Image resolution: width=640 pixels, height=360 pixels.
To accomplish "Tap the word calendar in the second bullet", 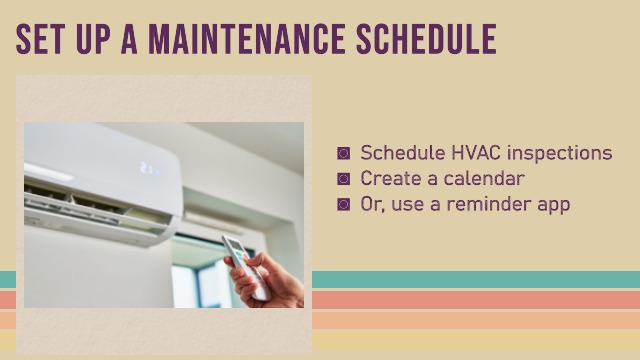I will pos(486,179).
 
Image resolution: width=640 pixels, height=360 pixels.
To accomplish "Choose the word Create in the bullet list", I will pos(391,179).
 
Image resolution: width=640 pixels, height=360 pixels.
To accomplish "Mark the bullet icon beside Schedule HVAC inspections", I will pos(344,154).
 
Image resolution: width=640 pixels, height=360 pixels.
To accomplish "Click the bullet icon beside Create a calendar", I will pos(344,179).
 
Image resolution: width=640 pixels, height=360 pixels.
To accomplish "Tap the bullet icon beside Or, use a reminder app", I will pos(344,204).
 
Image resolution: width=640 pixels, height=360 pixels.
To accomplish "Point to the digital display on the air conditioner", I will pos(149,167).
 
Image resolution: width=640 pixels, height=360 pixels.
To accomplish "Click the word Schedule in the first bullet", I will pos(398,153).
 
